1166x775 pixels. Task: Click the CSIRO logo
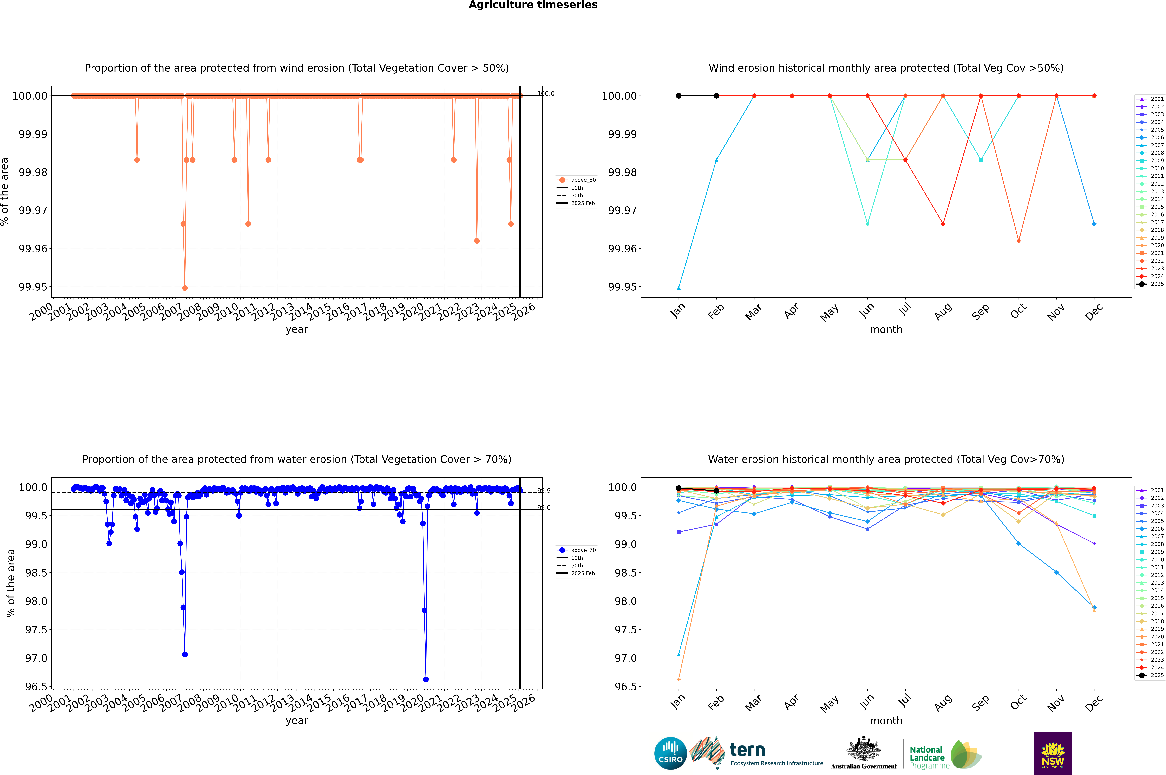(670, 753)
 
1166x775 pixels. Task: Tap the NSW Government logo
(1053, 753)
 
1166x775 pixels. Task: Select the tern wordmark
(747, 750)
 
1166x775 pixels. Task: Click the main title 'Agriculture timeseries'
(533, 5)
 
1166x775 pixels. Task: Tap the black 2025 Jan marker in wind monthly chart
(679, 96)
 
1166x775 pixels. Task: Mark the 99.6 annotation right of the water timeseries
(544, 508)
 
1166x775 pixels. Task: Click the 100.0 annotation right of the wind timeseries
(546, 93)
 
